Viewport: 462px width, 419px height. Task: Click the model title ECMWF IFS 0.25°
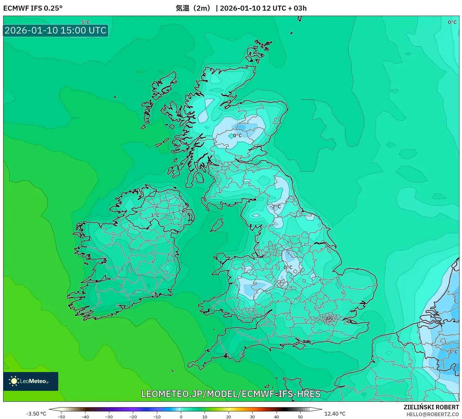coord(33,8)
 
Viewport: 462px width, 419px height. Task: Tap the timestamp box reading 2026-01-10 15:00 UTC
coord(56,31)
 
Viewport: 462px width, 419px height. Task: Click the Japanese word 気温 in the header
coord(182,8)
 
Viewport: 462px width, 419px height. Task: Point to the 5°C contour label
coord(85,22)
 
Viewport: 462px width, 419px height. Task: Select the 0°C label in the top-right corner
coord(452,22)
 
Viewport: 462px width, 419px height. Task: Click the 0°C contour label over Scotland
coord(237,136)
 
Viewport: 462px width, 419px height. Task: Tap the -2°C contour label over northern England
coord(275,207)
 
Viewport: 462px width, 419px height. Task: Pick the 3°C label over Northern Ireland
coord(155,215)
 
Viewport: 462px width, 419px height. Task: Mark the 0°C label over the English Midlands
coord(288,267)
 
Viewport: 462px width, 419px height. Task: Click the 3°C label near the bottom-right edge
coord(453,352)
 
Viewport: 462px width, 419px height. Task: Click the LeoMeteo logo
coord(31,381)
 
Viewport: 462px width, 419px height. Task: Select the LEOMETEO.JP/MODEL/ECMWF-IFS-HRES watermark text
coord(231,394)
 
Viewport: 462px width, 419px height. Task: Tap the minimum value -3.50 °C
coord(36,414)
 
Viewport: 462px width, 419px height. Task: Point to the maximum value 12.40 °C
coord(335,414)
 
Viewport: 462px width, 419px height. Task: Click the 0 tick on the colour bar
coord(181,416)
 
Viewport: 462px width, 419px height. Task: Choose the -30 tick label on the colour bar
coord(109,417)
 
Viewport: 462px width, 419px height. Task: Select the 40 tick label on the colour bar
coord(276,417)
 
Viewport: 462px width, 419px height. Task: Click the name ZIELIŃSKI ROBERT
coord(431,407)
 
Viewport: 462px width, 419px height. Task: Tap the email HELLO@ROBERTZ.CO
coord(433,414)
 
